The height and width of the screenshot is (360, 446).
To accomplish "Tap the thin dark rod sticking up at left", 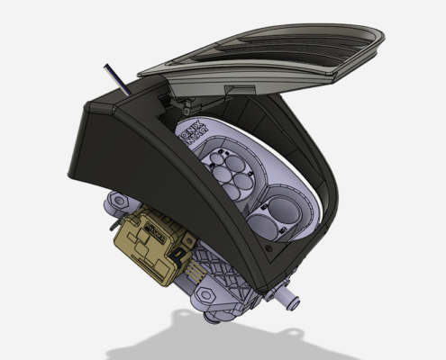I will click(112, 78).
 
